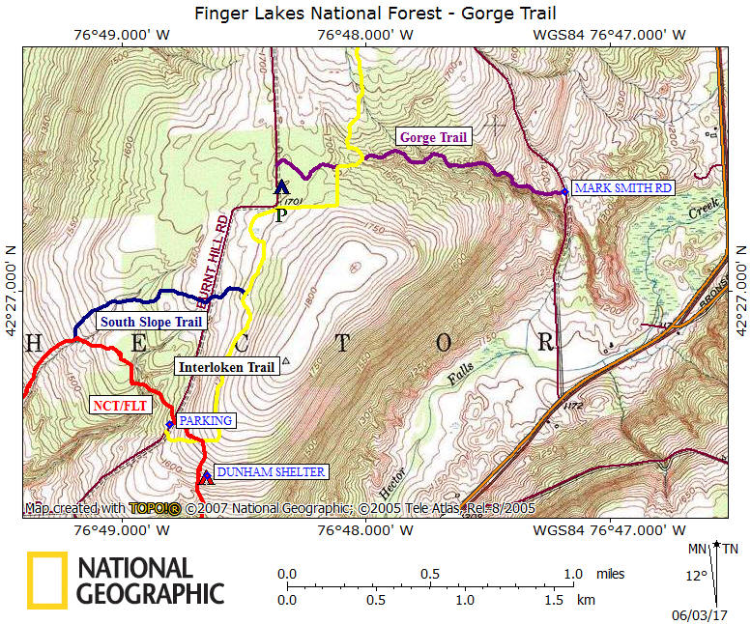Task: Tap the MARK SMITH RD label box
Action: [621, 188]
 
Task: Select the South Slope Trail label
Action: [151, 322]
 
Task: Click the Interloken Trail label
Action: [226, 366]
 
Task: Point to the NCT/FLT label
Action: [120, 406]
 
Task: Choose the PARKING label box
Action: [206, 420]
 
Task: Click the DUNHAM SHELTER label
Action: [270, 472]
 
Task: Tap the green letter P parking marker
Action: [280, 214]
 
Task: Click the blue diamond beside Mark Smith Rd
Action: [564, 192]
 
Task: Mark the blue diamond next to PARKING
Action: [169, 424]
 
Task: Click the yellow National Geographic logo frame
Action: [45, 581]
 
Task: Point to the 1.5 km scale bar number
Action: [554, 600]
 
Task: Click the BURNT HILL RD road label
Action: [218, 249]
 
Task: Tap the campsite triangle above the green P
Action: [281, 187]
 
